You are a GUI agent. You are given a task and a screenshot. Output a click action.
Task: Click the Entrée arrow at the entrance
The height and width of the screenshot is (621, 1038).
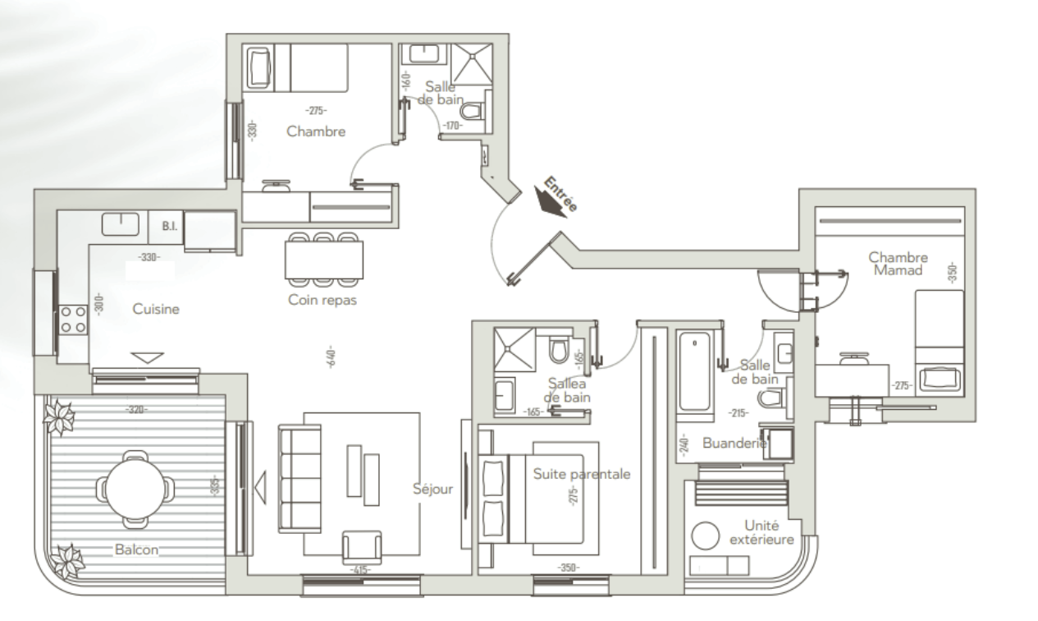pos(550,202)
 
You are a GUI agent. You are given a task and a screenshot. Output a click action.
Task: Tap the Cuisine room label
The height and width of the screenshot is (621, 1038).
pos(156,309)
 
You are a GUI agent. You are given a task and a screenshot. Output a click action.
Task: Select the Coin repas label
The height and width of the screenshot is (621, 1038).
pos(322,300)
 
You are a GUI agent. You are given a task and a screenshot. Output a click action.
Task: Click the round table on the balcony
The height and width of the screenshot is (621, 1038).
pos(135,489)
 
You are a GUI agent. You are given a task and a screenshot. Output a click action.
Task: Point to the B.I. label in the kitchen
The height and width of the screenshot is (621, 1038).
pos(169,227)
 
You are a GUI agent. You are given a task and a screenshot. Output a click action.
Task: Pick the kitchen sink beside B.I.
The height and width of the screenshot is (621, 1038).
pos(121,223)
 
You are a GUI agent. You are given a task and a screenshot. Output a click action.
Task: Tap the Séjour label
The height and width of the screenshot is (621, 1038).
pos(432,489)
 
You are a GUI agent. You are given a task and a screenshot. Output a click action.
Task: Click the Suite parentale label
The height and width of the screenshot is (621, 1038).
pos(582,474)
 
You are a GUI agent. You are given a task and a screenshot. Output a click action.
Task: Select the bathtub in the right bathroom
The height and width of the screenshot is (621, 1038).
pos(694,372)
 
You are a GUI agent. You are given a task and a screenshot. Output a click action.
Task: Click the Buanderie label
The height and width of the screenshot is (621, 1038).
pos(734,443)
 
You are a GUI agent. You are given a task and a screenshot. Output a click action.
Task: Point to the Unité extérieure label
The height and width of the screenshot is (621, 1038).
pos(761,532)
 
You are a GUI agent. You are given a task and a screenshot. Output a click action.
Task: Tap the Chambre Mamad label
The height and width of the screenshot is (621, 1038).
pos(898,264)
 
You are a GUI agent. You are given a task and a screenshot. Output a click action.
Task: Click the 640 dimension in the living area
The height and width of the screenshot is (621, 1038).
pos(331,356)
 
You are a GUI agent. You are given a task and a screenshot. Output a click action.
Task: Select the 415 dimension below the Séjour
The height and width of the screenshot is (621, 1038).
pos(360,569)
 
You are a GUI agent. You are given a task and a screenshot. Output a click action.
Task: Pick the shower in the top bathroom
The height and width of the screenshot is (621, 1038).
pos(471,64)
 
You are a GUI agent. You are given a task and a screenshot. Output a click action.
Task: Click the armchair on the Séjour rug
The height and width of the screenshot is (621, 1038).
pos(362,547)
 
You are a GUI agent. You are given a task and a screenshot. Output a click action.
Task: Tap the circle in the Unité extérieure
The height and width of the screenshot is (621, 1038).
pos(706,536)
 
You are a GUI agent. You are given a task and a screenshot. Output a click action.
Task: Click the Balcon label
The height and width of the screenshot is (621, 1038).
pos(136,550)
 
